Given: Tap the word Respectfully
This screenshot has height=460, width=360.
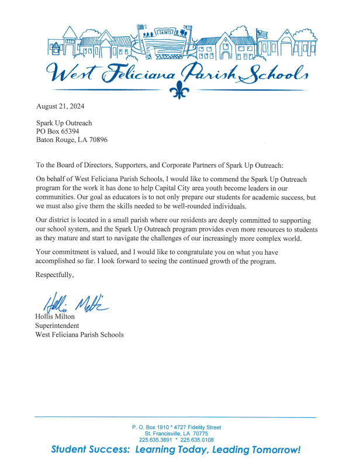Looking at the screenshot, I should (x=56, y=274).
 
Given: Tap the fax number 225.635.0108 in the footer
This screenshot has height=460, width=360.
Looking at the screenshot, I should (x=197, y=440).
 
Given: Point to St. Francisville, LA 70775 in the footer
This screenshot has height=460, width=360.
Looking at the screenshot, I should (x=176, y=434).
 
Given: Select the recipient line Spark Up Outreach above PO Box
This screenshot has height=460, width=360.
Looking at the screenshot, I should (x=64, y=123).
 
